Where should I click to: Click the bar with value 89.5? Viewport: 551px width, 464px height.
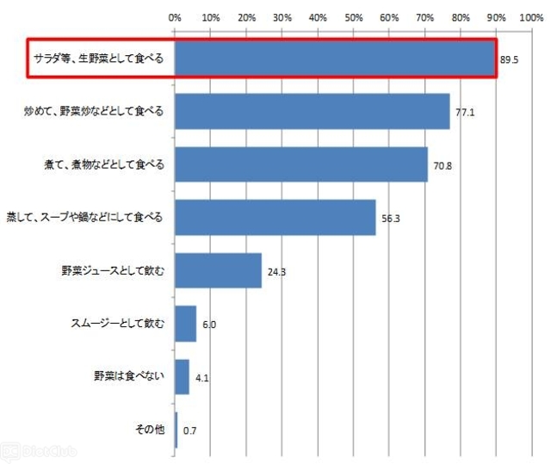point(335,59)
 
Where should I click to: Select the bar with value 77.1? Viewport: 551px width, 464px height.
point(312,111)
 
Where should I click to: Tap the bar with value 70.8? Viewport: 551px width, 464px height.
point(300,164)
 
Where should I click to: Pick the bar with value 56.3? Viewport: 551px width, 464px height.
point(275,217)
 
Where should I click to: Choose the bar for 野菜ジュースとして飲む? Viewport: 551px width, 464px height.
point(218,270)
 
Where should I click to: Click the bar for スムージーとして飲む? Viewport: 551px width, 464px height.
point(185,324)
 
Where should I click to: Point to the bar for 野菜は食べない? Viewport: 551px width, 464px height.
point(182,376)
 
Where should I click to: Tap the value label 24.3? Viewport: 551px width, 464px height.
point(276,272)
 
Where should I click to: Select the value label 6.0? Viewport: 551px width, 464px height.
point(210,325)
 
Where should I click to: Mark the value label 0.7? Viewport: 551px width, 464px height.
point(189,430)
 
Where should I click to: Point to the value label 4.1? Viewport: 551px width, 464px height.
point(202,378)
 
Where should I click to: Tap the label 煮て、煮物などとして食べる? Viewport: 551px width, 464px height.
point(102,164)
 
